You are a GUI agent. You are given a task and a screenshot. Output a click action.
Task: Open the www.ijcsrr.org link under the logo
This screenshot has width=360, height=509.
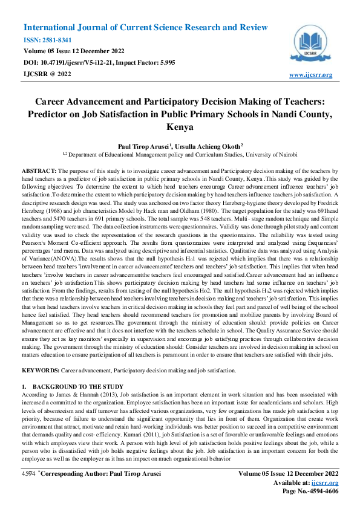(x=311, y=74)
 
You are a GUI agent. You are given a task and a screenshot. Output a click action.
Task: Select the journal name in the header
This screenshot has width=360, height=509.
(x=145, y=28)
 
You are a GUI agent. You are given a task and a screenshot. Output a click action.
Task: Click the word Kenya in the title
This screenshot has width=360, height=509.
(x=180, y=128)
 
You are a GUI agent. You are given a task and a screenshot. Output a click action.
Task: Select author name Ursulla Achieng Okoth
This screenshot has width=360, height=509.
(x=209, y=146)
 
